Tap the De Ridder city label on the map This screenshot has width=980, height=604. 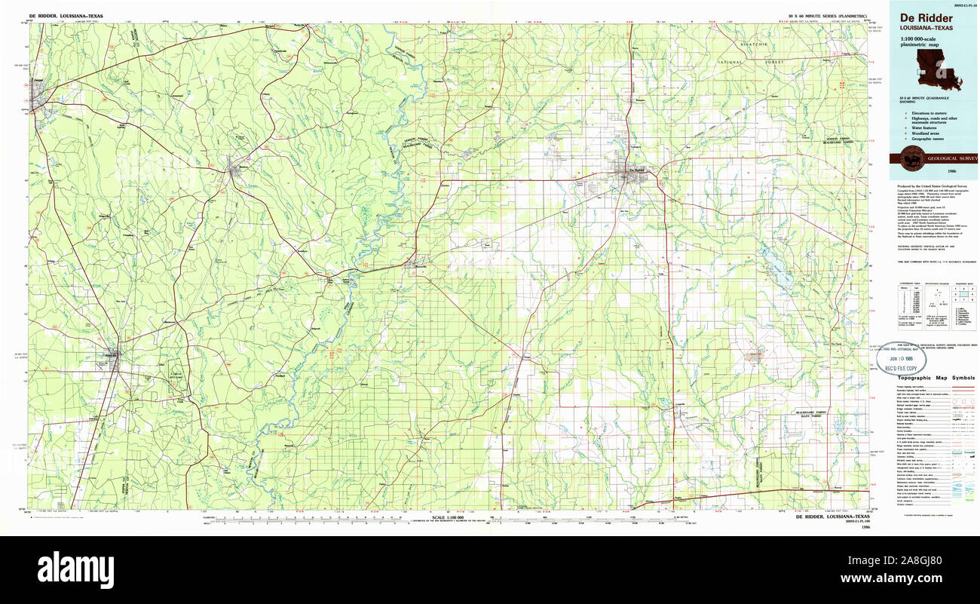tap(637, 170)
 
